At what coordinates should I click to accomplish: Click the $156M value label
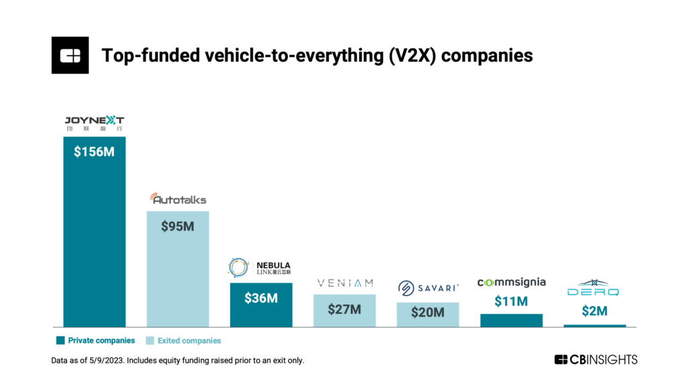(94, 152)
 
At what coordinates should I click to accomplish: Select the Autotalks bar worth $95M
(178, 269)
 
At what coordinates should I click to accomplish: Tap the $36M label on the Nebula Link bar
(261, 298)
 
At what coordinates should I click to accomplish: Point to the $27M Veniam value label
(344, 310)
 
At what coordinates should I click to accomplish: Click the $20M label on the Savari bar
(428, 312)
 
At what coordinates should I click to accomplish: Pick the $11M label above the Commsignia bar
(511, 301)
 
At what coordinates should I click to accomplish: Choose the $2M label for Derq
(595, 311)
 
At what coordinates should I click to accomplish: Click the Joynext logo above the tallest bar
(94, 124)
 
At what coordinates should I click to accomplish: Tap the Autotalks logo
(178, 199)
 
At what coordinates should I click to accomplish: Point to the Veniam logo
(344, 284)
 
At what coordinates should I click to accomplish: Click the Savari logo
(428, 288)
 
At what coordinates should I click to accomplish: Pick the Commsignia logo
(511, 282)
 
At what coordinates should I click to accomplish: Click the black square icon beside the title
(70, 55)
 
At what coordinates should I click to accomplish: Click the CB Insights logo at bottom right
(595, 359)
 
